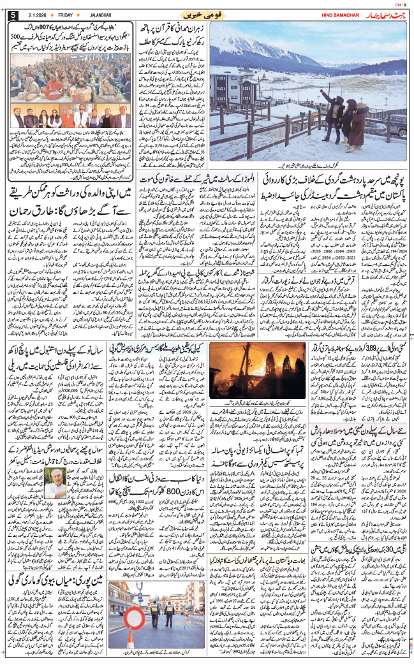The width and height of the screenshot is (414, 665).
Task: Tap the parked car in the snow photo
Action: click(x=397, y=124)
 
